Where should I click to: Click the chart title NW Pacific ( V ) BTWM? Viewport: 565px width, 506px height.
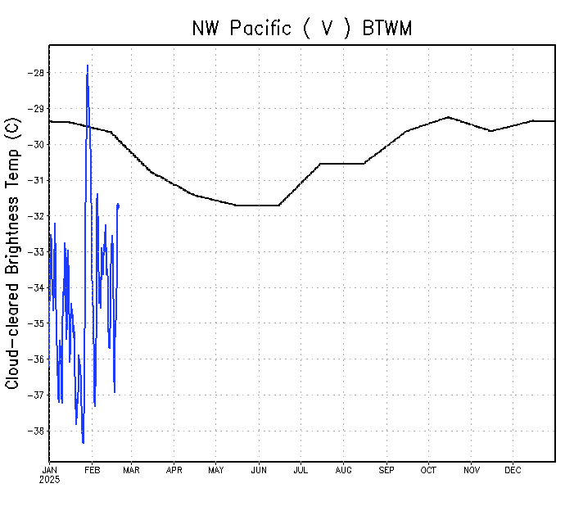pyautogui.click(x=301, y=28)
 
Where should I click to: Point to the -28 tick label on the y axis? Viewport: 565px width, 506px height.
pyautogui.click(x=34, y=73)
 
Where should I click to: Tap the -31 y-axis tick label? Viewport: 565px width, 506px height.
pyautogui.click(x=34, y=180)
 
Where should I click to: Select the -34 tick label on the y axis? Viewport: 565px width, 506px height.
pyautogui.click(x=34, y=287)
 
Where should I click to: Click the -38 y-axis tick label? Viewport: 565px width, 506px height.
pyautogui.click(x=34, y=431)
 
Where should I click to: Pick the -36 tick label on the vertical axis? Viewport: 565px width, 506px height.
pyautogui.click(x=34, y=359)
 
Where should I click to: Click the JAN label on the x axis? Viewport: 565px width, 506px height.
pyautogui.click(x=49, y=470)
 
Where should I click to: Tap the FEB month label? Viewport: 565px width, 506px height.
pyautogui.click(x=92, y=470)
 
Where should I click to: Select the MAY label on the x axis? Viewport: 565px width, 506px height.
pyautogui.click(x=215, y=470)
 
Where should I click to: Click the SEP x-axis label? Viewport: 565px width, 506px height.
pyautogui.click(x=386, y=470)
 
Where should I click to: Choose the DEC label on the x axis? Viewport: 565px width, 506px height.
pyautogui.click(x=513, y=470)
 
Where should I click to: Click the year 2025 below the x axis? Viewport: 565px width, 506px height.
pyautogui.click(x=49, y=479)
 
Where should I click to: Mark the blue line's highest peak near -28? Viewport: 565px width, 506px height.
pyautogui.click(x=88, y=66)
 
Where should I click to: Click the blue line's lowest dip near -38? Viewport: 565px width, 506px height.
pyautogui.click(x=83, y=442)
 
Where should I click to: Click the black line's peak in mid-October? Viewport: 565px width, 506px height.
pyautogui.click(x=448, y=117)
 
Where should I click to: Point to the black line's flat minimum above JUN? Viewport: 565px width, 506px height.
pyautogui.click(x=258, y=205)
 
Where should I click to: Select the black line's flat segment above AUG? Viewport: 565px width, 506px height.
pyautogui.click(x=342, y=163)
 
